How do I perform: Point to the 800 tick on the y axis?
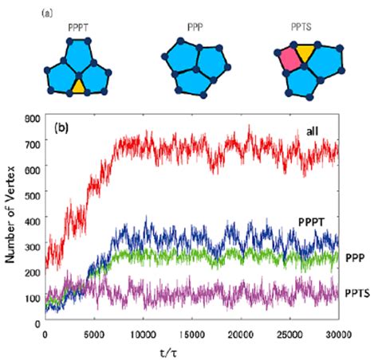[x=32, y=119]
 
